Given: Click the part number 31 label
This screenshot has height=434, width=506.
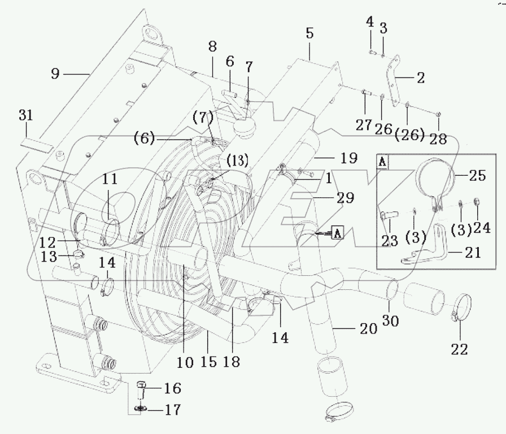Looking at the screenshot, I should (x=26, y=115).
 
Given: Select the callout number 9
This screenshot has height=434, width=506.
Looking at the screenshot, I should (x=55, y=73).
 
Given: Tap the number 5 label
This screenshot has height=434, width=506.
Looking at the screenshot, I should (x=309, y=33).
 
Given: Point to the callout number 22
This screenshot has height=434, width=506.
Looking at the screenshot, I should (x=460, y=349).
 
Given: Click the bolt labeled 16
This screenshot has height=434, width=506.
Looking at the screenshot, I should (x=142, y=389).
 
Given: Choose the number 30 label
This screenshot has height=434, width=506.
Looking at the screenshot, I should (x=390, y=321).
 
